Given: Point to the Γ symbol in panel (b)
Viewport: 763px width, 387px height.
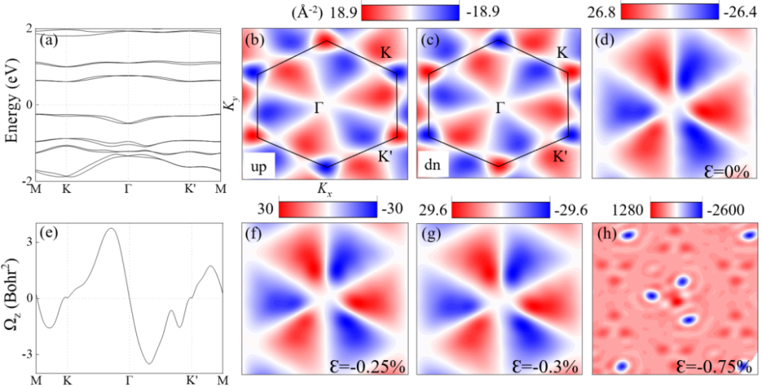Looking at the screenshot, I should (319, 107).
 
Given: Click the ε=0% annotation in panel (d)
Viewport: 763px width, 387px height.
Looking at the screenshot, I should (728, 169).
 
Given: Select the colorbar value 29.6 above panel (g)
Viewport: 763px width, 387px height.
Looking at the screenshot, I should (434, 209).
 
